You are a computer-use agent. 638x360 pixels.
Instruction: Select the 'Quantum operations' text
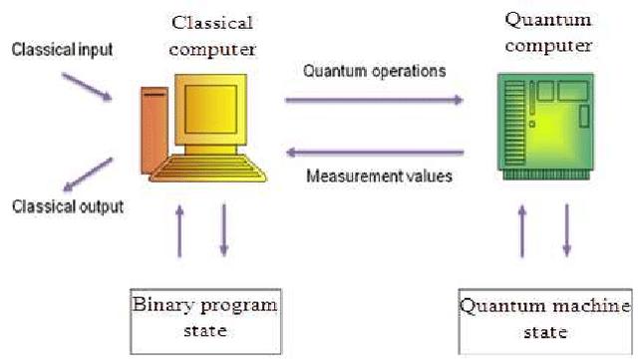(x=375, y=72)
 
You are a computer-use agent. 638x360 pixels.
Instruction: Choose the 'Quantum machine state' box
(x=544, y=317)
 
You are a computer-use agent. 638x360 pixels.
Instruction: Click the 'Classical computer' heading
(x=212, y=34)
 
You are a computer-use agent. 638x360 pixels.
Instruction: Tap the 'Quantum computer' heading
(x=548, y=32)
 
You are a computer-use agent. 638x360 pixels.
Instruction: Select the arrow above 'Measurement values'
(x=375, y=153)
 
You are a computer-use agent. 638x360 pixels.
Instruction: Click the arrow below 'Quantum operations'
(x=375, y=99)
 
